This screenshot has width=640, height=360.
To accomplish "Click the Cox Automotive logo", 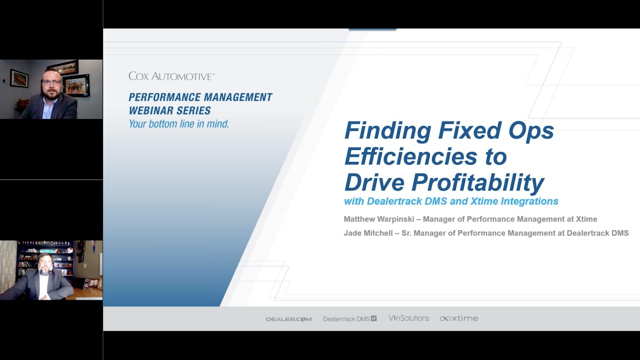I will pos(171,76).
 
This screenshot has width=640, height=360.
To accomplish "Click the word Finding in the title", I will pos(387,131).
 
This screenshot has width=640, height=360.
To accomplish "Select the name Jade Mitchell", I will pos(369,233).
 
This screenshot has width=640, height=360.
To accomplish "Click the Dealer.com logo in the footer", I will pos(288,319).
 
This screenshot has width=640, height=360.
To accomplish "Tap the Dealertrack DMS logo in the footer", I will pos(349,319).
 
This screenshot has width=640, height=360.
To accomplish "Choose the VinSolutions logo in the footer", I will pos(408,318).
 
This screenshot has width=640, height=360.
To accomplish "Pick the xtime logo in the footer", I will pos(459,318).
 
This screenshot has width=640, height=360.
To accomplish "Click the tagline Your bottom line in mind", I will pos(179,124).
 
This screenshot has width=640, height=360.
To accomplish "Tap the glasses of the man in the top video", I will pos(51,81).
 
